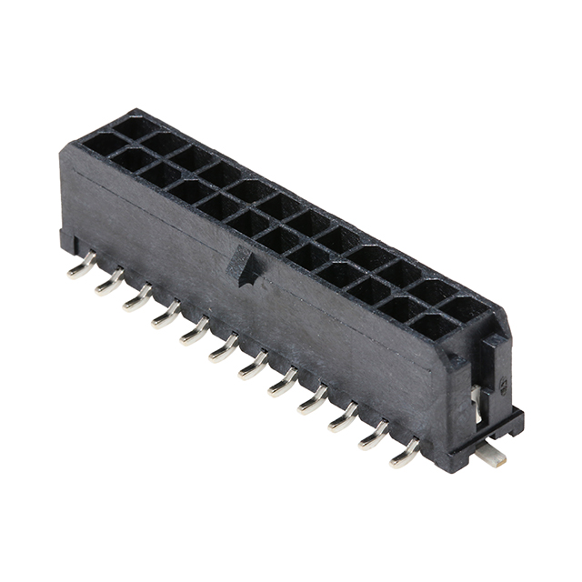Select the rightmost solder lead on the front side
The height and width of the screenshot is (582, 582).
(x=406, y=454)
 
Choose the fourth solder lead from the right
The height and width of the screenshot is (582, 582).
(x=313, y=399)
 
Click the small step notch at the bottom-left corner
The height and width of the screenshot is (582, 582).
(x=65, y=242)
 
